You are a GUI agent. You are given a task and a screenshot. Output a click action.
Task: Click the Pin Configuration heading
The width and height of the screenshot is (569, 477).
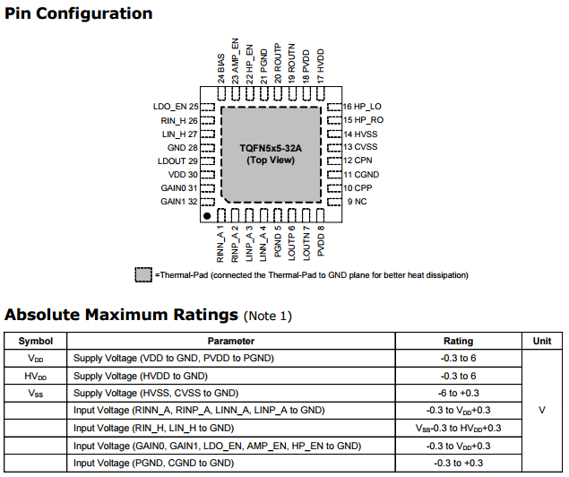[x=79, y=14]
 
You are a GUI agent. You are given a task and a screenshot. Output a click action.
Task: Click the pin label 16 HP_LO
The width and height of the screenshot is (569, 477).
[x=362, y=106]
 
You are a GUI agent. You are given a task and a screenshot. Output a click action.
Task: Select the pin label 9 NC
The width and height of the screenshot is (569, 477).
[x=356, y=202]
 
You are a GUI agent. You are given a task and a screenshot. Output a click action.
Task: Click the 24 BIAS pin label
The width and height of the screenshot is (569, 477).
[x=221, y=69]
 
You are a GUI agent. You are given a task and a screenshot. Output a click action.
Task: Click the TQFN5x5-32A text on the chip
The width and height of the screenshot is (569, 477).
[x=271, y=147]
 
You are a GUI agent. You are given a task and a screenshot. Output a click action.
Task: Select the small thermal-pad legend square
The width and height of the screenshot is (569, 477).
[x=143, y=274]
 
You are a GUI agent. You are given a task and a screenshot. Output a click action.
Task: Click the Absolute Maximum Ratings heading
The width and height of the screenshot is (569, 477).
[x=122, y=315]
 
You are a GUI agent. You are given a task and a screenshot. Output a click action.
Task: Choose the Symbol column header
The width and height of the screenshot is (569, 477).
[x=36, y=342]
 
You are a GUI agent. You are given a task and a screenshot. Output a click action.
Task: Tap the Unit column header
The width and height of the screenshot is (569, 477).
[x=542, y=342]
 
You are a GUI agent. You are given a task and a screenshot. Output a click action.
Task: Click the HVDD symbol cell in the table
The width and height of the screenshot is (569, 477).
[x=36, y=376]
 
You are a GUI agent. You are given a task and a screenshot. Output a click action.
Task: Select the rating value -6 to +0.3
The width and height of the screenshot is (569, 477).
[x=459, y=394]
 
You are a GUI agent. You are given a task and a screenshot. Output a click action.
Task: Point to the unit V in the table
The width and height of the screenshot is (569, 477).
[x=542, y=410]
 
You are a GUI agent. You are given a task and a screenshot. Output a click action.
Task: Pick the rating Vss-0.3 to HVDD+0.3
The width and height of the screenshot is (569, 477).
[x=459, y=428]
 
